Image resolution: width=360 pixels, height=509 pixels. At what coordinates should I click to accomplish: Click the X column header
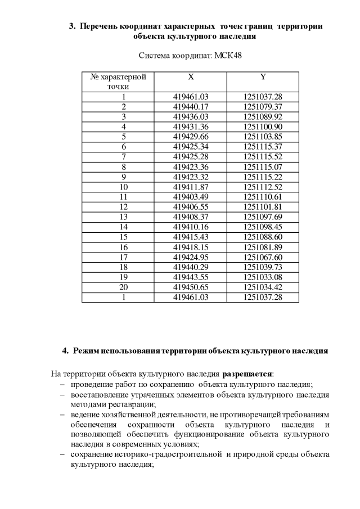pyautogui.click(x=191, y=76)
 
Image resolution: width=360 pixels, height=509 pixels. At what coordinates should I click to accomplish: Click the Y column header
pyautogui.click(x=263, y=76)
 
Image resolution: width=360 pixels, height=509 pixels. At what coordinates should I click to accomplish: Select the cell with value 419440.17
pyautogui.click(x=191, y=106)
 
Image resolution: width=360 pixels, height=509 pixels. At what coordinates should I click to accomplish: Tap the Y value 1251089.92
pyautogui.click(x=263, y=116)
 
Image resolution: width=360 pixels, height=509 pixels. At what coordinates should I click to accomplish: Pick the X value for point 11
pyautogui.click(x=191, y=196)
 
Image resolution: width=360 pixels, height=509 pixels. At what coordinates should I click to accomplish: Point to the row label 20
pyautogui.click(x=123, y=287)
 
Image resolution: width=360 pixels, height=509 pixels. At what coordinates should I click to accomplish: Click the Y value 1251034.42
pyautogui.click(x=263, y=287)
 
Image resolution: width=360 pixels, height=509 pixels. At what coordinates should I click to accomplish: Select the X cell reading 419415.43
pyautogui.click(x=191, y=237)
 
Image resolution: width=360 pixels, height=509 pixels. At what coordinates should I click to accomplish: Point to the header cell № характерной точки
pyautogui.click(x=118, y=82)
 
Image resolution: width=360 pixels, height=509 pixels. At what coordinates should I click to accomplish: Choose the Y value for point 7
pyautogui.click(x=263, y=156)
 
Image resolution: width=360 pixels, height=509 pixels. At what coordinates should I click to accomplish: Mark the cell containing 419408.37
pyautogui.click(x=191, y=217)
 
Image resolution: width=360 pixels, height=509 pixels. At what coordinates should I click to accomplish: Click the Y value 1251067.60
pyautogui.click(x=263, y=257)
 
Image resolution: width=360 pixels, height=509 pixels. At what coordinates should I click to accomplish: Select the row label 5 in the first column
pyautogui.click(x=123, y=136)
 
